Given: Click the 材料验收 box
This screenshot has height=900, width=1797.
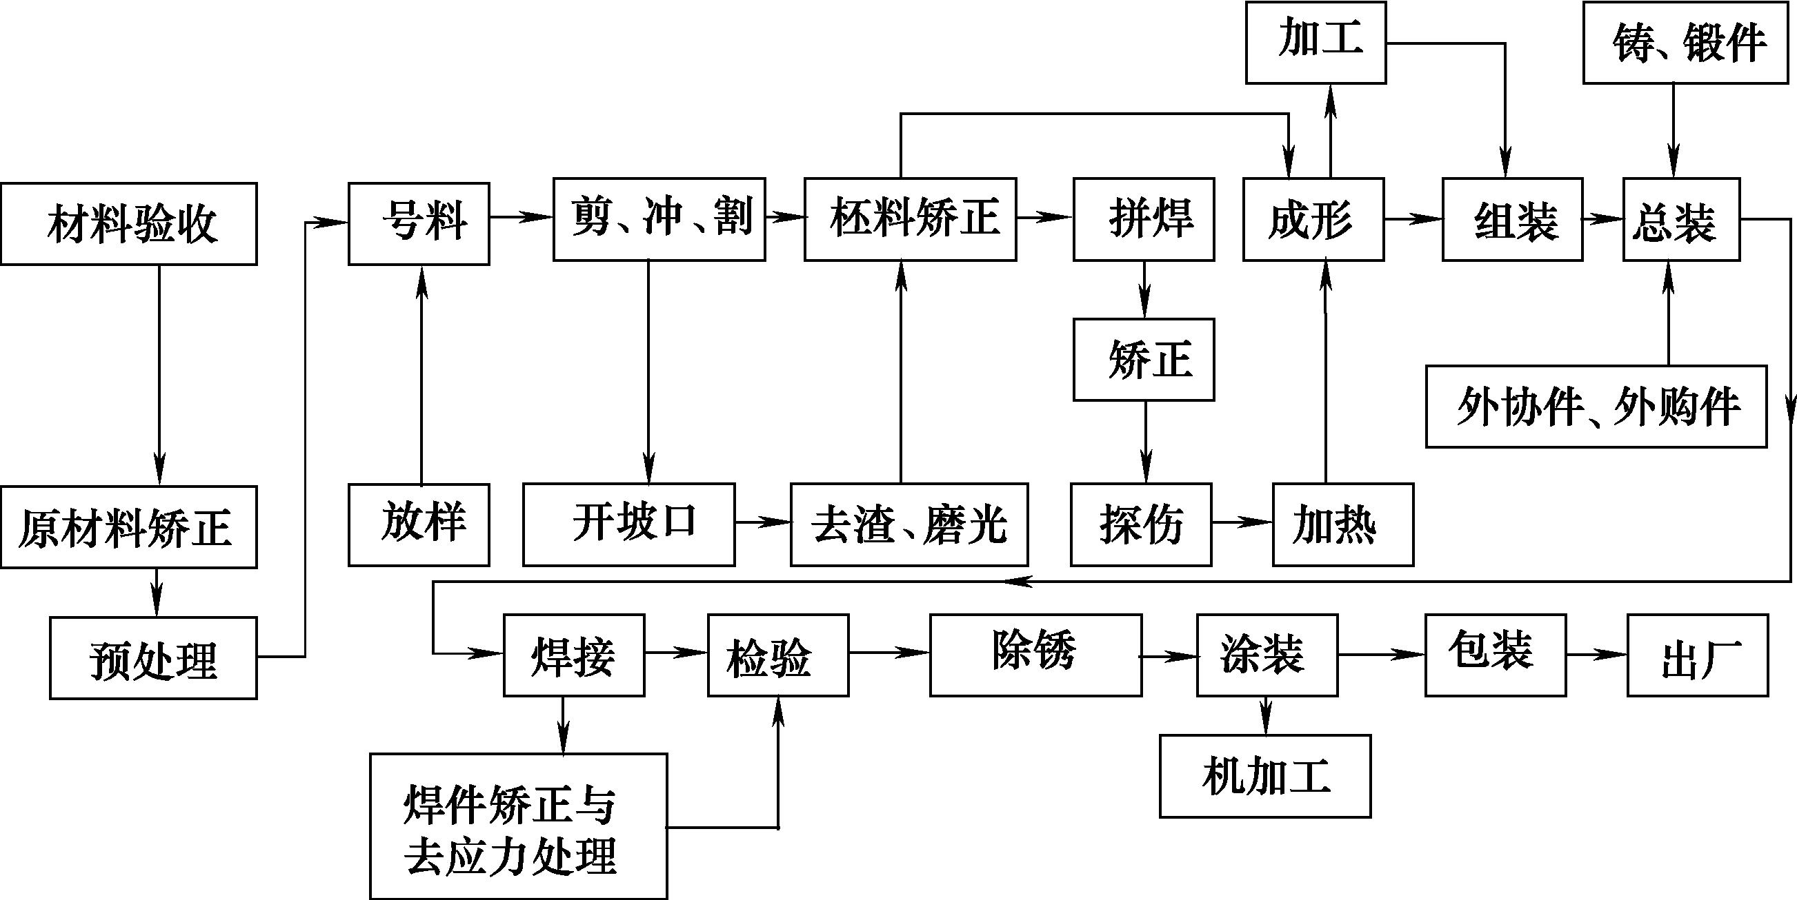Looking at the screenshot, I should coord(128,224).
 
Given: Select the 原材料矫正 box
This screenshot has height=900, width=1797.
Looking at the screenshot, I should coord(128,527).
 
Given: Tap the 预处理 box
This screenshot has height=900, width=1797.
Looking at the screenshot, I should coord(152,658).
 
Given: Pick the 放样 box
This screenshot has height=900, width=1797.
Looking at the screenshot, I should coord(419,524).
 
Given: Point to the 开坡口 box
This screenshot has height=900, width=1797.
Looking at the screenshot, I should coord(628,524).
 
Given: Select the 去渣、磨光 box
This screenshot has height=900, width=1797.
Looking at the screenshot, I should coord(909,524).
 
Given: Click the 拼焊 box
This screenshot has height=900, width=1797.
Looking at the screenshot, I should coord(1143,219).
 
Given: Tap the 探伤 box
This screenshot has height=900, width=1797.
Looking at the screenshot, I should coord(1141,524).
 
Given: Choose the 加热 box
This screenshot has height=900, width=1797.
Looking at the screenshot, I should coord(1343,524).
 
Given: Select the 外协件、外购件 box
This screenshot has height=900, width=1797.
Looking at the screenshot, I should coord(1596,406).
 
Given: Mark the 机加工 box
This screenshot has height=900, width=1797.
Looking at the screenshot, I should coord(1265,776).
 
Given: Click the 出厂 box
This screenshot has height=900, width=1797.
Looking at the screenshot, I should coord(1698,655).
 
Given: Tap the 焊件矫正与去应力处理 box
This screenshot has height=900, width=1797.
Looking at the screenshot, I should coord(518,826).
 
